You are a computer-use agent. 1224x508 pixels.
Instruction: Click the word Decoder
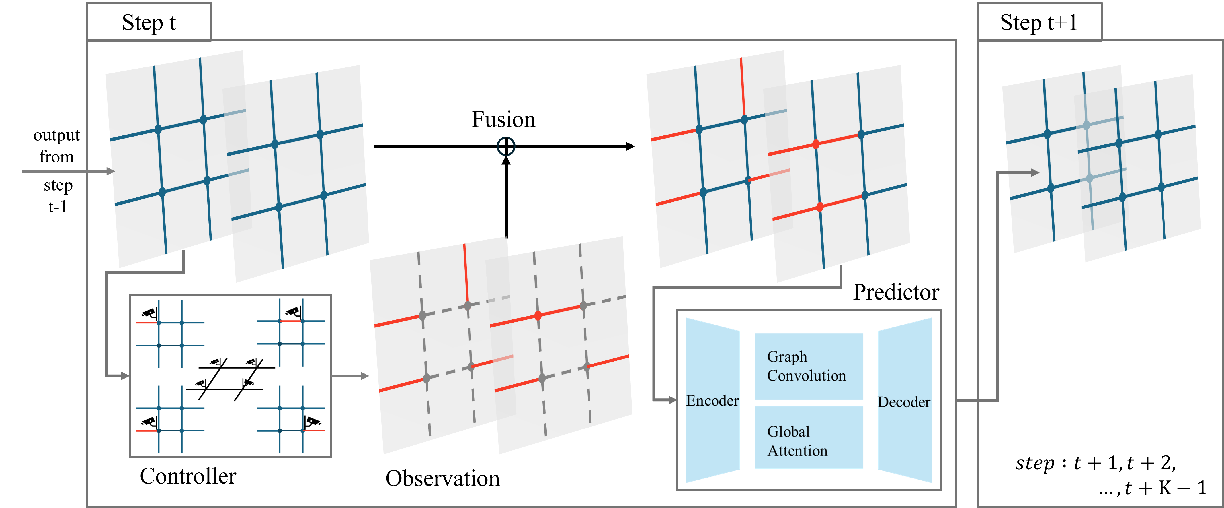click(x=903, y=402)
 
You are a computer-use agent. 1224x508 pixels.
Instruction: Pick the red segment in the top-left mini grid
click(x=146, y=323)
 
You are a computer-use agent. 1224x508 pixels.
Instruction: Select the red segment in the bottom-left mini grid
click(x=146, y=431)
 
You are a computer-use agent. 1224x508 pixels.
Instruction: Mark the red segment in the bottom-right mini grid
click(x=314, y=431)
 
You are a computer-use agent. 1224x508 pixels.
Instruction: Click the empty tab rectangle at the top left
click(x=149, y=21)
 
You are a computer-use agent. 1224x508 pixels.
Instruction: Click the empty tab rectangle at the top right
click(x=1039, y=21)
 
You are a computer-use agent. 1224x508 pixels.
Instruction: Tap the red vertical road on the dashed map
click(x=466, y=273)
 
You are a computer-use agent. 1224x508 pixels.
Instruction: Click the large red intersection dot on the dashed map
click(x=537, y=315)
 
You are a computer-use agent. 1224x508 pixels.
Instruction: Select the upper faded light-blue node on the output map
click(x=1086, y=125)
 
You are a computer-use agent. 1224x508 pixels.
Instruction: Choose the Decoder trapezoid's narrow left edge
click(x=879, y=400)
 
